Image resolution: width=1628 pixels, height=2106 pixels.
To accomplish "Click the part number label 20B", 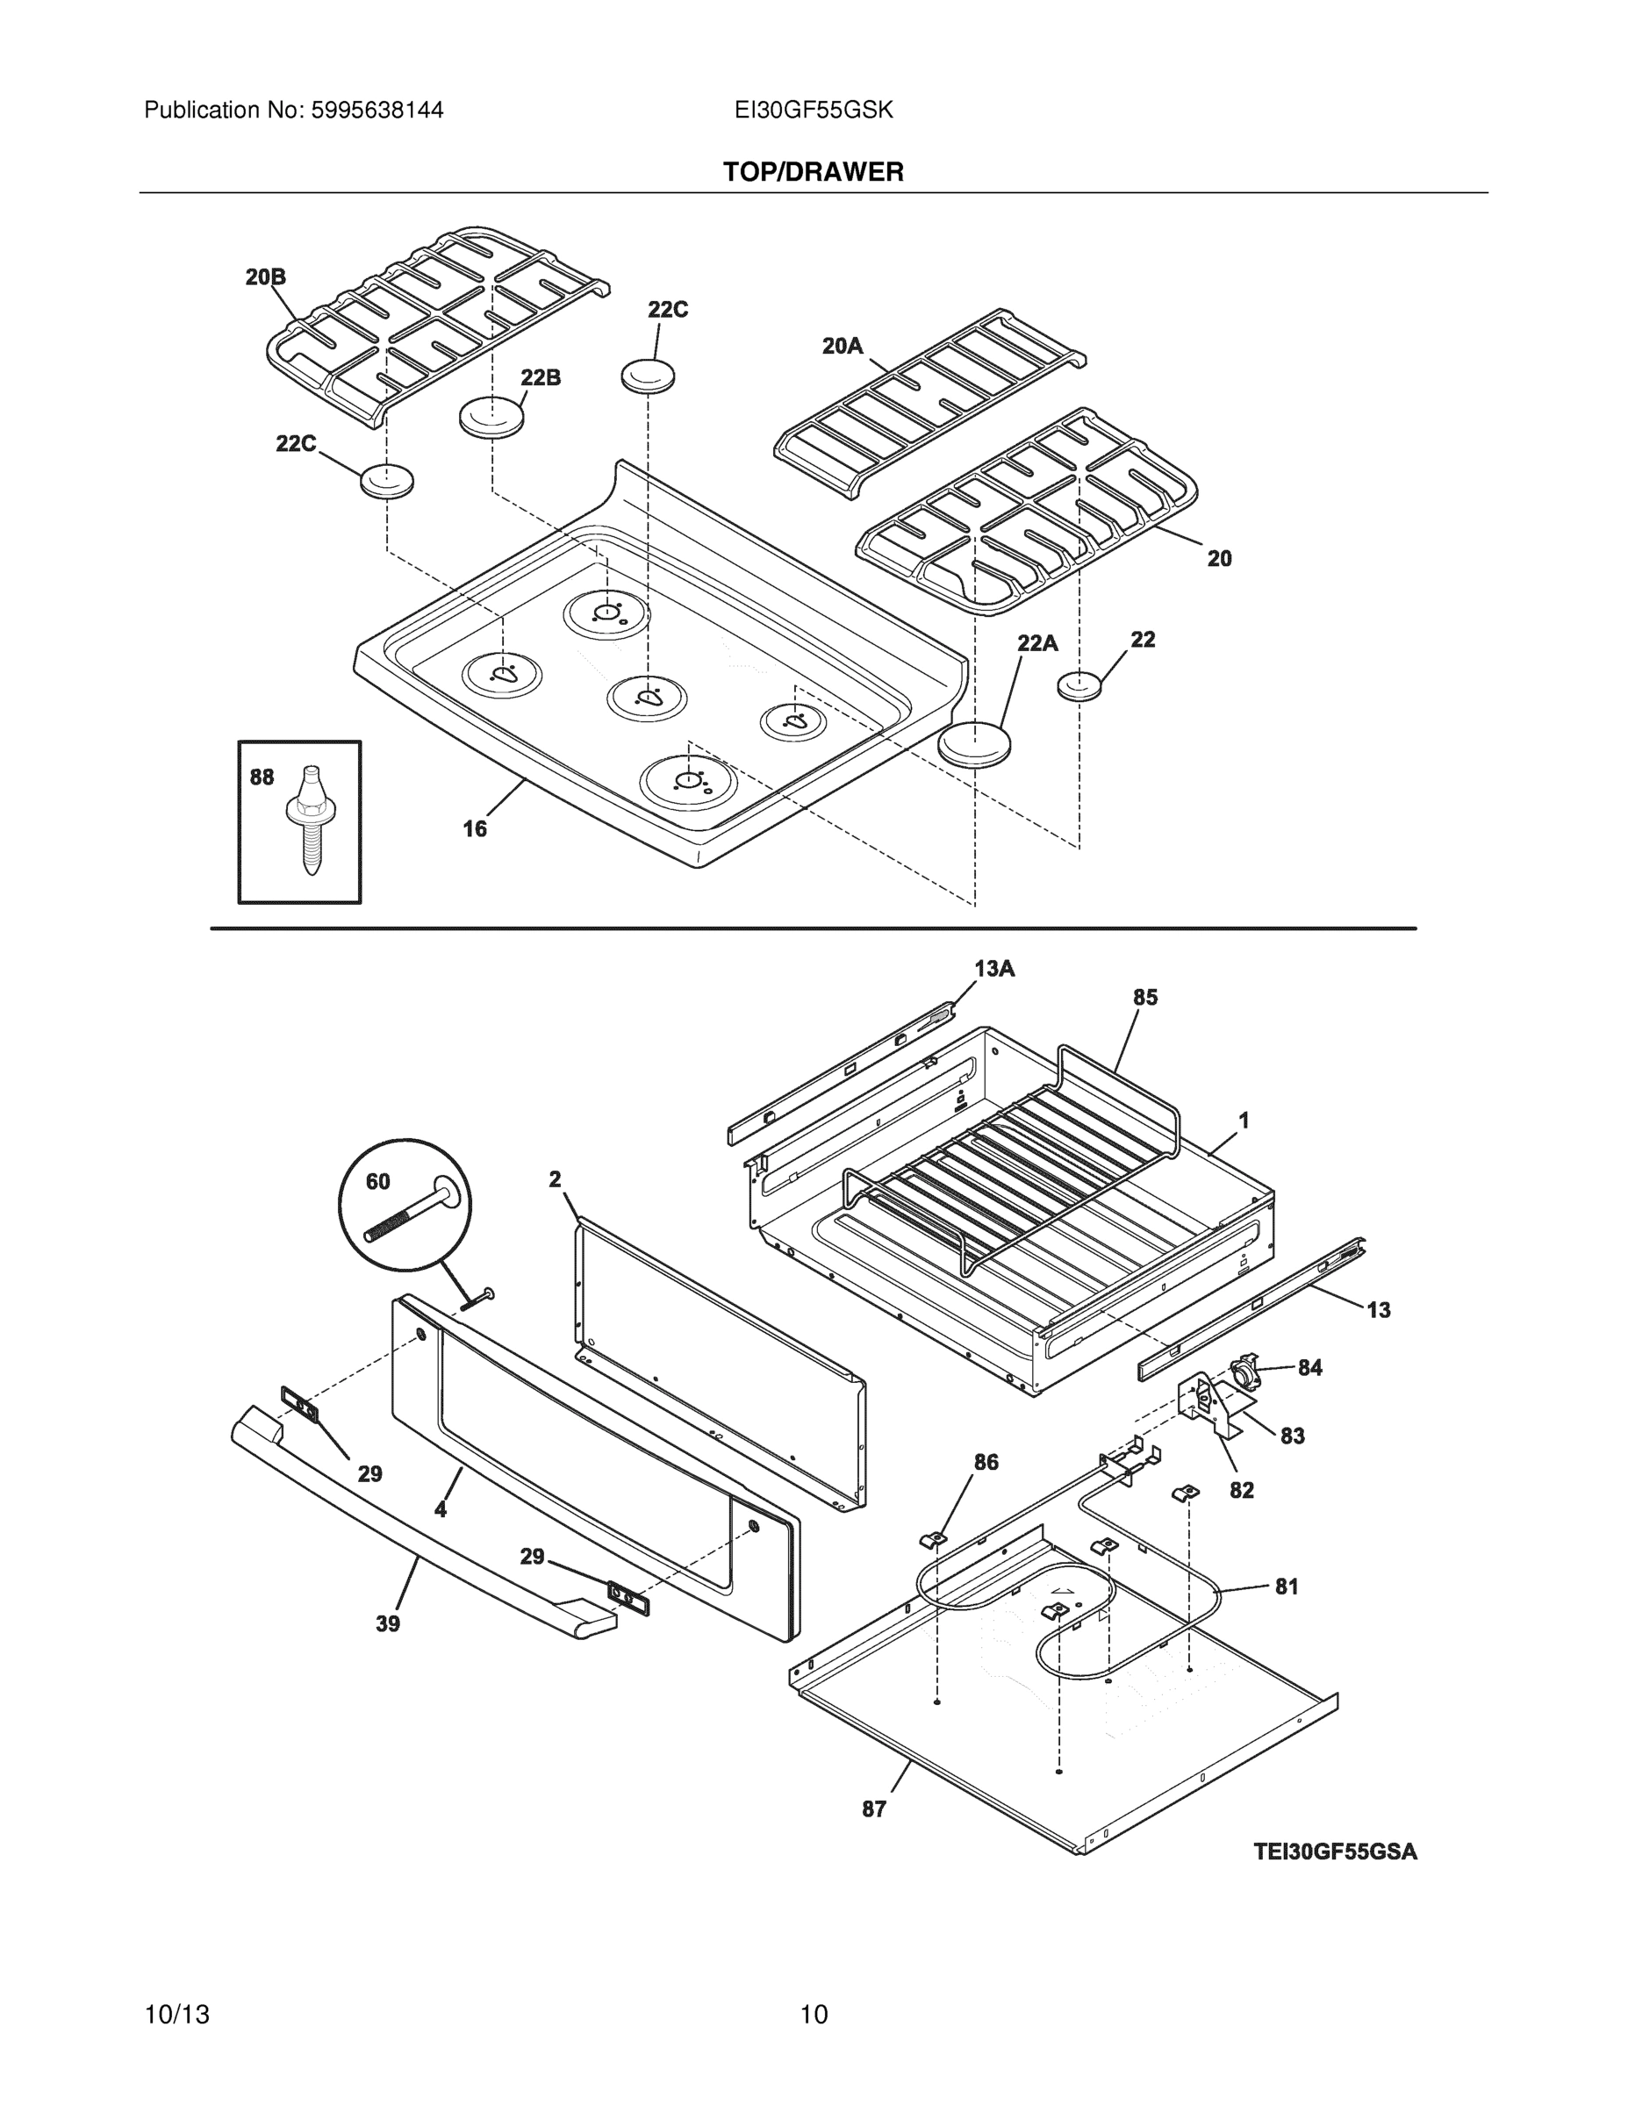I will coord(265,277).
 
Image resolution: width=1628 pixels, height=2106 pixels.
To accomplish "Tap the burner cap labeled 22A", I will coord(978,743).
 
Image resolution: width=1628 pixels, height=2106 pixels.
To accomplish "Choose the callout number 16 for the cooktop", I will coord(475,828).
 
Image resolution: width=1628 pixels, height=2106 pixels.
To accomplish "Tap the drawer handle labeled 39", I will coord(415,1533).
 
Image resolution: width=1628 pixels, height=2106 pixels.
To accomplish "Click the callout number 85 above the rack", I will coord(1144,998).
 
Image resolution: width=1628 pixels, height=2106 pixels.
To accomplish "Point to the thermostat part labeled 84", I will coord(1247,1366).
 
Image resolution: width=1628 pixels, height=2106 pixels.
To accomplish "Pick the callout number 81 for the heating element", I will coord(1287,1587).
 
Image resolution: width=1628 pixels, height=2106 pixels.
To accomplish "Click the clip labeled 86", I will coord(934,1539).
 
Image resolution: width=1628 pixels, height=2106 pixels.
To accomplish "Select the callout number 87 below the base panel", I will coord(874,1810).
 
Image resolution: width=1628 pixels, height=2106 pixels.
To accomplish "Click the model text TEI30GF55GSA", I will coord(1335,1852).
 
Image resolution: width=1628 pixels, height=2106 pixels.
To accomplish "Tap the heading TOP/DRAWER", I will coord(813,173).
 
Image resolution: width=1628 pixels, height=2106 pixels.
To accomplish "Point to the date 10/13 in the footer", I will coord(176,2015).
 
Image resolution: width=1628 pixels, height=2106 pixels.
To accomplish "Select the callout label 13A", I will coord(994,969).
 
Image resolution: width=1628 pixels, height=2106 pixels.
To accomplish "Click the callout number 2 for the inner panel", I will coord(556,1179).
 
